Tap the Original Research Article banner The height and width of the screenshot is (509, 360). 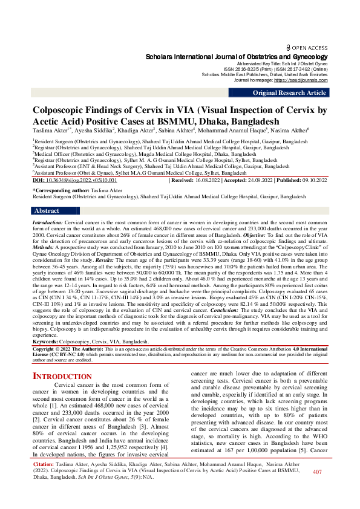tap(289, 92)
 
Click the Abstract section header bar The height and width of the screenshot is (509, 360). tap(47, 211)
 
